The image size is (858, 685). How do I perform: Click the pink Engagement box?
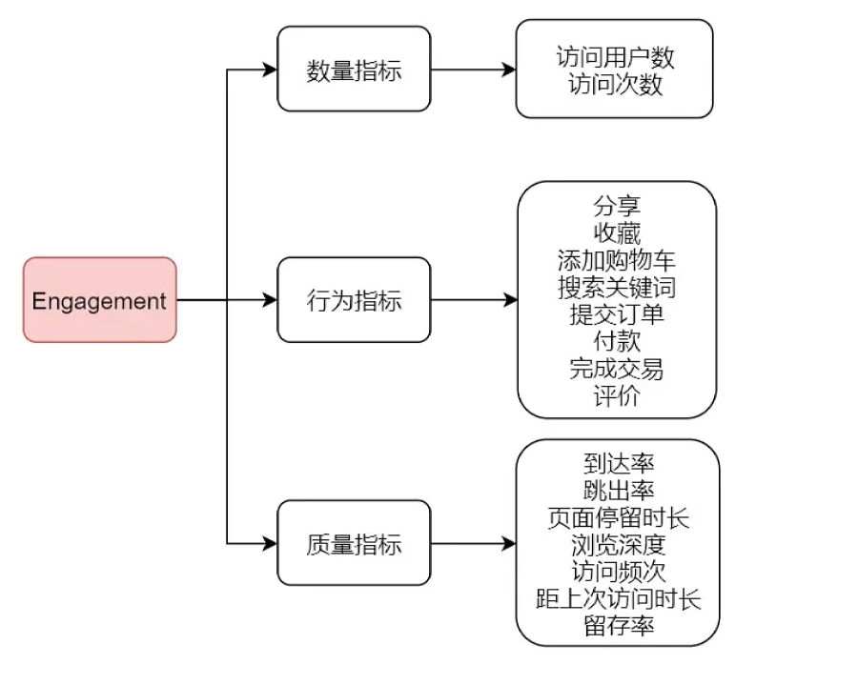coord(99,300)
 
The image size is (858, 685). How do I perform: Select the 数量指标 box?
coord(354,70)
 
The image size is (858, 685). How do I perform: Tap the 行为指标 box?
coord(354,300)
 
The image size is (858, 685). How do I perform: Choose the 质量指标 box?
coord(354,544)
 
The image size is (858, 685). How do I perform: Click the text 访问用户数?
coord(615,57)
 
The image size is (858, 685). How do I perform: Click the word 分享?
coord(617,206)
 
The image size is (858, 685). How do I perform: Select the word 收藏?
coord(617,232)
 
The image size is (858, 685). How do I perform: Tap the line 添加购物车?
coord(617,260)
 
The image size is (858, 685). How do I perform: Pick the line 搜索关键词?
coord(617,287)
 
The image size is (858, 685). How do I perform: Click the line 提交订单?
coord(617,313)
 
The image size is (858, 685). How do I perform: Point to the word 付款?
coord(617,340)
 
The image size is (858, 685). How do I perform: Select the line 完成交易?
coord(617,368)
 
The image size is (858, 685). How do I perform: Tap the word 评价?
coord(617,395)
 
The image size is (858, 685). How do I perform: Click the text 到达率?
coord(619,464)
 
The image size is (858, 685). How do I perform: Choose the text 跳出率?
coord(619,491)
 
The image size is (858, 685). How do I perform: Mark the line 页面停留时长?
coord(619,518)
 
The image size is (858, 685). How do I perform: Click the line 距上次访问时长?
coord(619,599)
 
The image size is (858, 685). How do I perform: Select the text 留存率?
coord(619,626)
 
